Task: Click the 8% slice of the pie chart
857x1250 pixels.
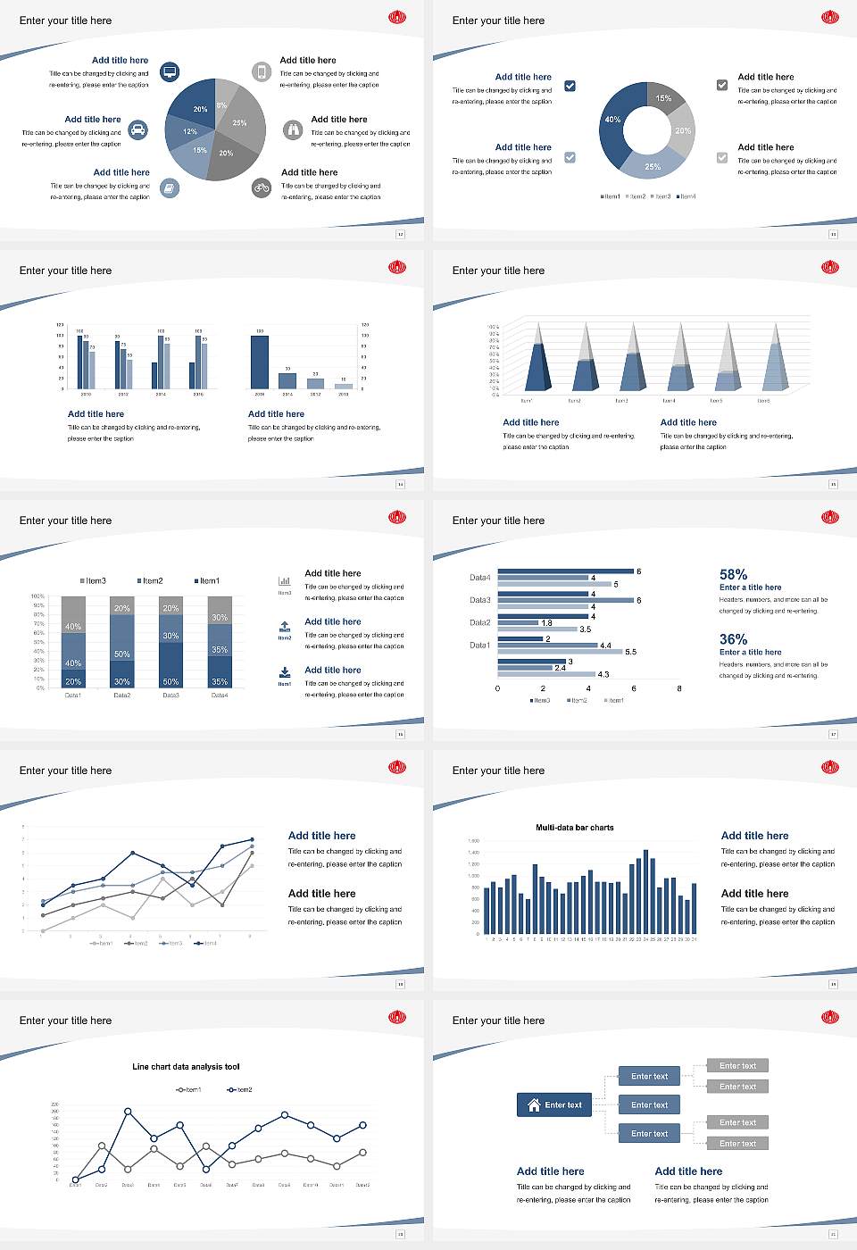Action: (x=224, y=100)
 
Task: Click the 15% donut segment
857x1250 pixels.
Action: (x=664, y=97)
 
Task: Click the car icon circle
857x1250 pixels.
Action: (x=137, y=130)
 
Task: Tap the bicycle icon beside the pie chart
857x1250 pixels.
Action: (x=262, y=187)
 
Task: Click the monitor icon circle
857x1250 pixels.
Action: (x=170, y=72)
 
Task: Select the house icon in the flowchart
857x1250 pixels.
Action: (x=534, y=1104)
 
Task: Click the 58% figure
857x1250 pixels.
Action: (x=733, y=574)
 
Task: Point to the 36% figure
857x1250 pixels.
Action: (x=733, y=639)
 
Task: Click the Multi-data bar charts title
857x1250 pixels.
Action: (x=574, y=828)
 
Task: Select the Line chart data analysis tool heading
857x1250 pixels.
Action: (x=186, y=1066)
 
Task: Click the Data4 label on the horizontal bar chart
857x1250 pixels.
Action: (x=480, y=578)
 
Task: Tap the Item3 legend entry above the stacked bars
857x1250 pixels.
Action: (x=94, y=580)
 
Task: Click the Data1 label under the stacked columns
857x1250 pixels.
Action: (x=73, y=695)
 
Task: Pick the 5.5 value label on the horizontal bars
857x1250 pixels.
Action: (x=630, y=652)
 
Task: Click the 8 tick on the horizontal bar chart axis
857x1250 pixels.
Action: (x=679, y=688)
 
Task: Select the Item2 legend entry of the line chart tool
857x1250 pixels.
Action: (x=240, y=1089)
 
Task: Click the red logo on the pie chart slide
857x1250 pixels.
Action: (x=397, y=17)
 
